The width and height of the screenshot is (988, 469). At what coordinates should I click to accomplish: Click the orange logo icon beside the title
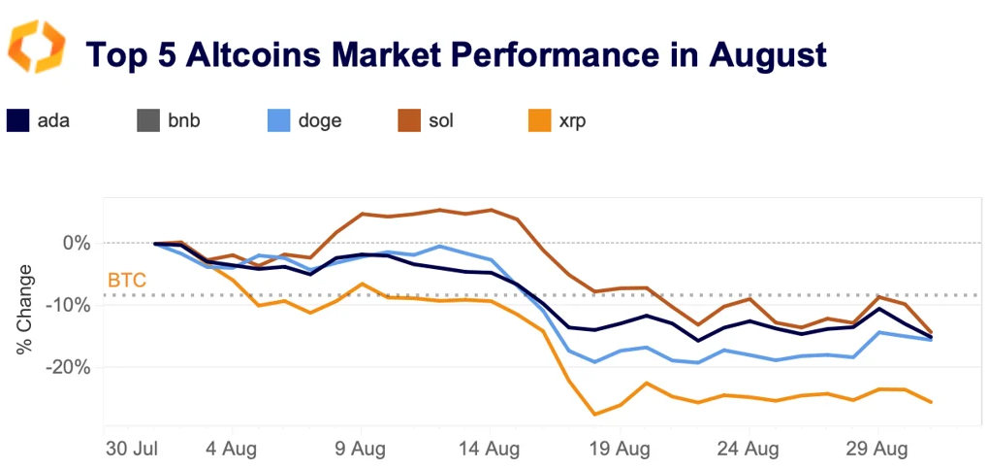[x=36, y=46]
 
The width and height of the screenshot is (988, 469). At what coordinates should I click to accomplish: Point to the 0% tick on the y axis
[x=77, y=243]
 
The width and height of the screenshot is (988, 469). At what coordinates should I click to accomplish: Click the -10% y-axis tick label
[x=70, y=305]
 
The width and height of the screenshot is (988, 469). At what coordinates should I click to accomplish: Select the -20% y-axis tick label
[x=70, y=367]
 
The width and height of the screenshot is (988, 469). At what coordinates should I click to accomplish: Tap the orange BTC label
[x=127, y=282]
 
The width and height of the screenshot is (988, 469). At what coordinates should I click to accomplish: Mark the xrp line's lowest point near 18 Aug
[x=593, y=415]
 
